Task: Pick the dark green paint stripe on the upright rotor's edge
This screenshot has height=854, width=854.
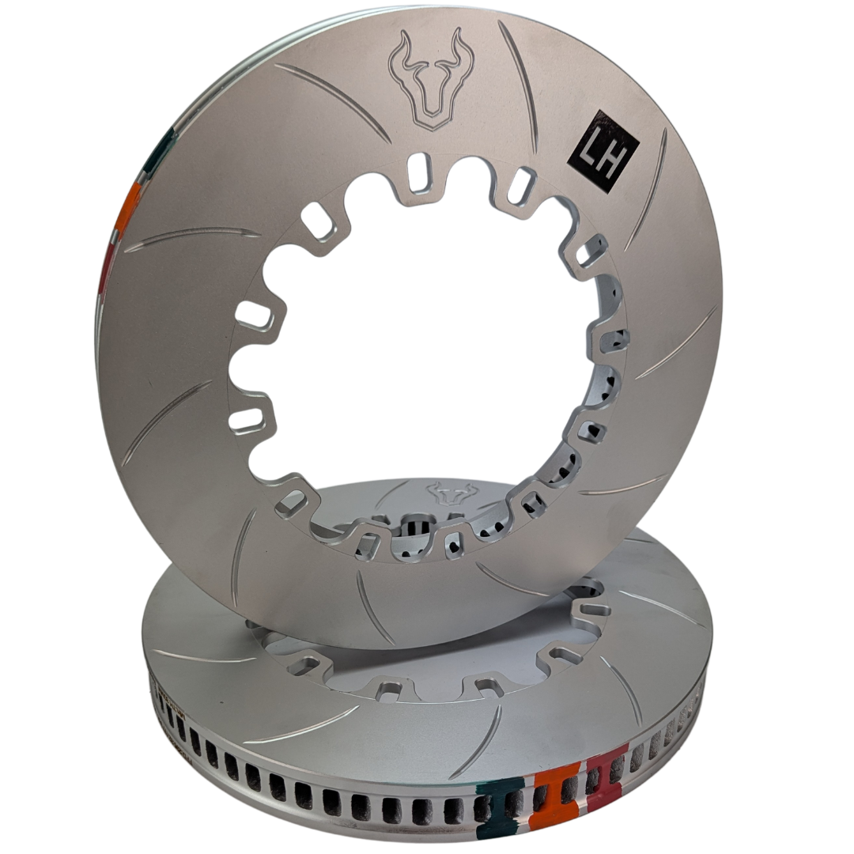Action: [x=161, y=147]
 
